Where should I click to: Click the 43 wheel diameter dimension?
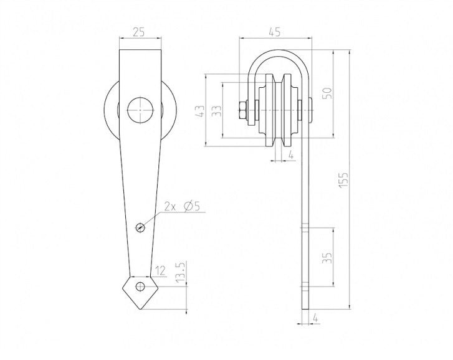coord(200,111)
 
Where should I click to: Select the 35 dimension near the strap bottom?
coord(328,257)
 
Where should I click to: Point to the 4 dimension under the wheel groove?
coord(291,153)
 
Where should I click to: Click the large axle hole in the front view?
coord(140,111)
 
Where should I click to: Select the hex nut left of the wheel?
coord(242,111)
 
